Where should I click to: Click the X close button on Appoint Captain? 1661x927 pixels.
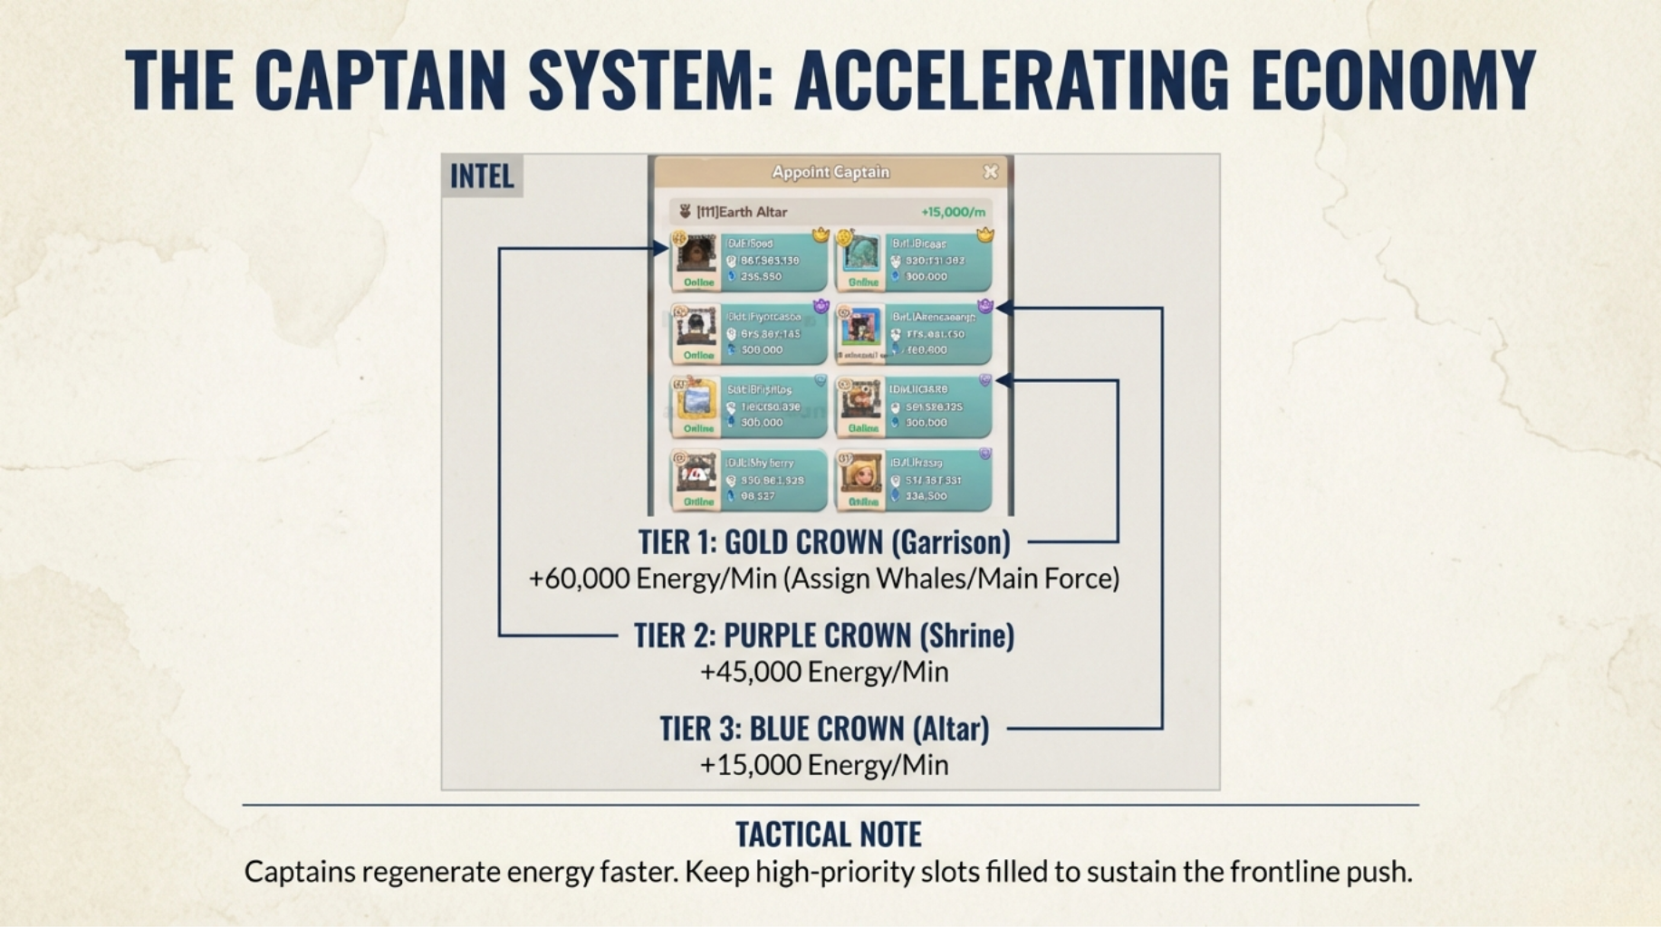[991, 171]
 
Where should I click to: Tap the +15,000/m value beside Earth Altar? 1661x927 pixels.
[953, 212]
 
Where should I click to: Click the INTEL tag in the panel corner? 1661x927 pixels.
[482, 176]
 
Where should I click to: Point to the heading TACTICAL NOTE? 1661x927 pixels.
[829, 834]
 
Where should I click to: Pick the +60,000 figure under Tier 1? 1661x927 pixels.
[580, 578]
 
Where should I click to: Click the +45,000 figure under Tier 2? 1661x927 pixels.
[751, 672]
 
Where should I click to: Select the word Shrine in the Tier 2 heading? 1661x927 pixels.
[966, 636]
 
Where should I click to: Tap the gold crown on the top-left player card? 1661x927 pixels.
[821, 235]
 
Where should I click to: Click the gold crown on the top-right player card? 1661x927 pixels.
[985, 235]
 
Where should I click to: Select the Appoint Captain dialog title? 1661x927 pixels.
[830, 172]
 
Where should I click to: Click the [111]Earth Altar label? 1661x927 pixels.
[742, 212]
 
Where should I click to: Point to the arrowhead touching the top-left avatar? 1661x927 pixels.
[661, 248]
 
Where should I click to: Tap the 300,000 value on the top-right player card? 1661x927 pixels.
[926, 277]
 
